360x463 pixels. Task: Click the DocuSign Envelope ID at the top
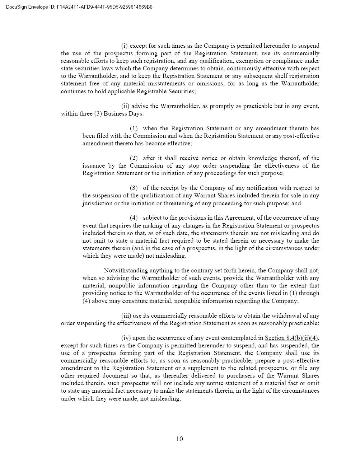tap(79, 7)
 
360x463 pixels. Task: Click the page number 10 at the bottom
tap(179, 439)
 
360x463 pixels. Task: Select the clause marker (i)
tap(125, 46)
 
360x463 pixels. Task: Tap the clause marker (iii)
tap(126, 315)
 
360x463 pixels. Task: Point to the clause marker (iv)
tap(126, 338)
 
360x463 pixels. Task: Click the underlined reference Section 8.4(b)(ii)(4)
tap(291, 338)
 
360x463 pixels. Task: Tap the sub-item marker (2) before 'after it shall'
tap(134, 158)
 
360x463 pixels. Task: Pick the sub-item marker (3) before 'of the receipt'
tap(134, 188)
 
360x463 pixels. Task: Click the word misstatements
tap(166, 83)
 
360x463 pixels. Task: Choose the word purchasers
tap(256, 375)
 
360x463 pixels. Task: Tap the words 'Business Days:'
tap(123, 113)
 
